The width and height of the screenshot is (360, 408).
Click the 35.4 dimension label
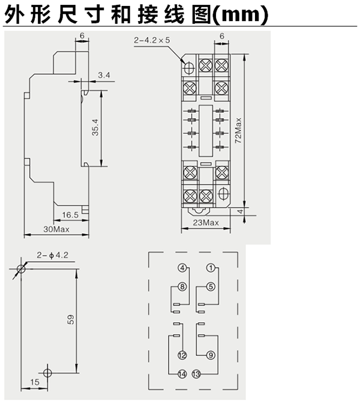pos(96,127)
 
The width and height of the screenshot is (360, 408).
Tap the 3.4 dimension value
pos(104,75)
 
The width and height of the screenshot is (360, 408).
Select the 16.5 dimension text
pos(70,215)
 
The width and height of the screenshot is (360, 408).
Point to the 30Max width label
pos(56,229)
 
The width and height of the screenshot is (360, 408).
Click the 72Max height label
pos(238,130)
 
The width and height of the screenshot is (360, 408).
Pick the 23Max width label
pos(206,223)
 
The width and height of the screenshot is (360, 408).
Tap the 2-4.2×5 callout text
pos(152,40)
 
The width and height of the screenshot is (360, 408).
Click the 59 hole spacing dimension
pos(71,320)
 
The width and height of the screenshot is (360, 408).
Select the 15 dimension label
pos(35,382)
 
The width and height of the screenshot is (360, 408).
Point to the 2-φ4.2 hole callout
pos(53,255)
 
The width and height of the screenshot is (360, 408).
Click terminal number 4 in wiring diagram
pos(182,268)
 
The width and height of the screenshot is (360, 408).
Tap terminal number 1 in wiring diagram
pos(211,268)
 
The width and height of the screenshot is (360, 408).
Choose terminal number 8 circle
pos(182,286)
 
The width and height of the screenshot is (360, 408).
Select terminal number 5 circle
pos(211,286)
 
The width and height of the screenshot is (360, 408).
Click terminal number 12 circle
pos(182,355)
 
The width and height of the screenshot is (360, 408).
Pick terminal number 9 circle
pos(211,355)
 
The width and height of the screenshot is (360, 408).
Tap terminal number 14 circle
pos(182,374)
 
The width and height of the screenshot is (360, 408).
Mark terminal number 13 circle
pos(196,374)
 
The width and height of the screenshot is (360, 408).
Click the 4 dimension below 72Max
pos(241,211)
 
